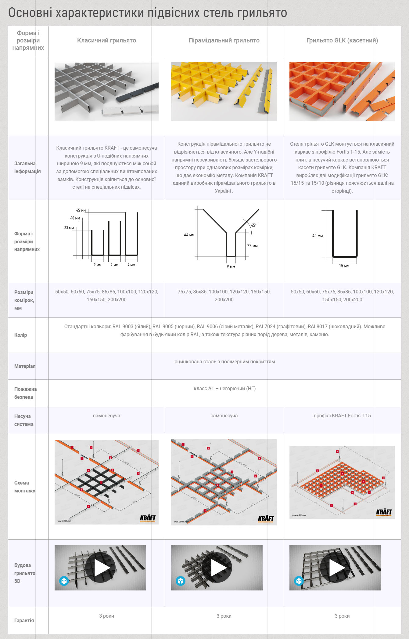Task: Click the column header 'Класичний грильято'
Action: coord(106,40)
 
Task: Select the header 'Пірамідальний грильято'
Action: coord(224,40)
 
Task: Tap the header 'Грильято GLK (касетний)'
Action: coord(342,40)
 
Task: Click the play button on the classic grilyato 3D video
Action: coord(100,567)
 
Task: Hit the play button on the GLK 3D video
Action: coord(335,567)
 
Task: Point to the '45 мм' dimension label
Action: coord(81,210)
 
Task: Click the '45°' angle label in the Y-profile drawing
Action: coord(254,225)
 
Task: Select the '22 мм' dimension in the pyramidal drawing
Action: coord(252,246)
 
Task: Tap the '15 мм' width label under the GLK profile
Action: coord(344,266)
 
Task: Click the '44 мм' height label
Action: coord(189,235)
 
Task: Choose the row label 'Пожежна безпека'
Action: coord(25,393)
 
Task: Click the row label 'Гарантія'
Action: coord(24,620)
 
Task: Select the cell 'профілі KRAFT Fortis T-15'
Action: coord(342,416)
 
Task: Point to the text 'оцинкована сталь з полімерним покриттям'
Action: coord(224,361)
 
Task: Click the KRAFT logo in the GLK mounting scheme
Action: coord(384,512)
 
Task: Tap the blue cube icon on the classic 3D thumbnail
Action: coord(64,580)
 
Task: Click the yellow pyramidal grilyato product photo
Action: coord(224,91)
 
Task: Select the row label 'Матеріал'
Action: coord(25,366)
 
